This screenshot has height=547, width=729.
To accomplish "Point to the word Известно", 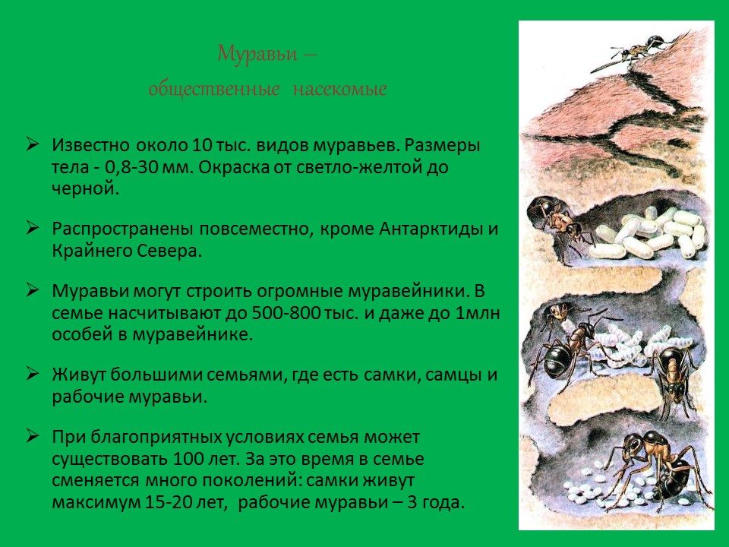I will click(x=93, y=145).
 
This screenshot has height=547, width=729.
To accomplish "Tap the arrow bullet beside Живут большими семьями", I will click(x=33, y=374).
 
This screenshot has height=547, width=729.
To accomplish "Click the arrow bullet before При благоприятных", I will click(x=33, y=437).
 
